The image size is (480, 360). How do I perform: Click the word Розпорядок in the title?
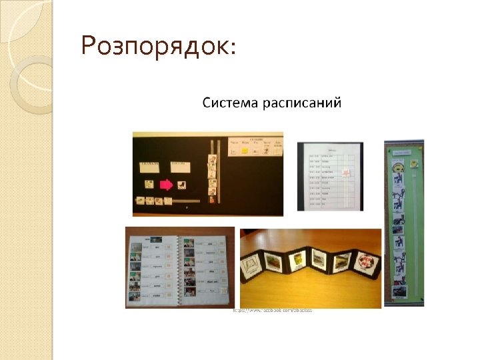[153, 46]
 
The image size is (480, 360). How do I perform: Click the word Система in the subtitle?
[229, 103]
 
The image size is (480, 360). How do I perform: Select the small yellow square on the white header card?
[245, 152]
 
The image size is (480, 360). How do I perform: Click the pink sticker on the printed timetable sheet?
[346, 173]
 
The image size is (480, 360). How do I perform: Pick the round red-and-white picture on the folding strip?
[365, 261]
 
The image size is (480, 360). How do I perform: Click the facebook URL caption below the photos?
[272, 311]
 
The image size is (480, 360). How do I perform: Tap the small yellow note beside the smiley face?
[413, 163]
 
